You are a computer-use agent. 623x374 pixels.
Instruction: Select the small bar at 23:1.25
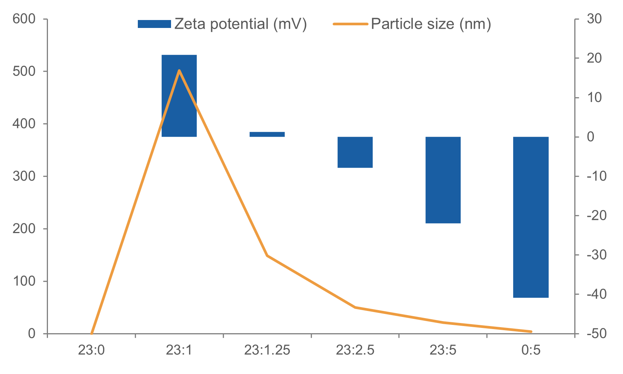tap(267, 134)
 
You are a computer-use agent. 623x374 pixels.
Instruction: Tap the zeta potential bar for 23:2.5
tap(355, 152)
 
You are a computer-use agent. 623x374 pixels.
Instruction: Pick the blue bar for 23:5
tap(443, 180)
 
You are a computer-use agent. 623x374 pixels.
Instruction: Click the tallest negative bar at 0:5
tap(530, 217)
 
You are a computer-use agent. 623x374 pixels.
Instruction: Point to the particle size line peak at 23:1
tap(179, 70)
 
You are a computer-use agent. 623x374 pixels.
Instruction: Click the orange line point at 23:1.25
tap(267, 256)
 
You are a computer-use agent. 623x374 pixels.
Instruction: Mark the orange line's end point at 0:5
tap(531, 332)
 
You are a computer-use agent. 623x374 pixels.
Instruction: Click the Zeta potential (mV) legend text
tap(241, 24)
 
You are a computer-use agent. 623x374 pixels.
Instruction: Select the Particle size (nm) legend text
tap(431, 24)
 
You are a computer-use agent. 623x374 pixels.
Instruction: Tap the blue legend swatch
tap(154, 24)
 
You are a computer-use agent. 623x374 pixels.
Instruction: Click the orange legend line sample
tap(350, 24)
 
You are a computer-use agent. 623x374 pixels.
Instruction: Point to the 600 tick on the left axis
tap(24, 19)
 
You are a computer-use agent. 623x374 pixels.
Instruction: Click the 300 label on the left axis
tap(24, 176)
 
